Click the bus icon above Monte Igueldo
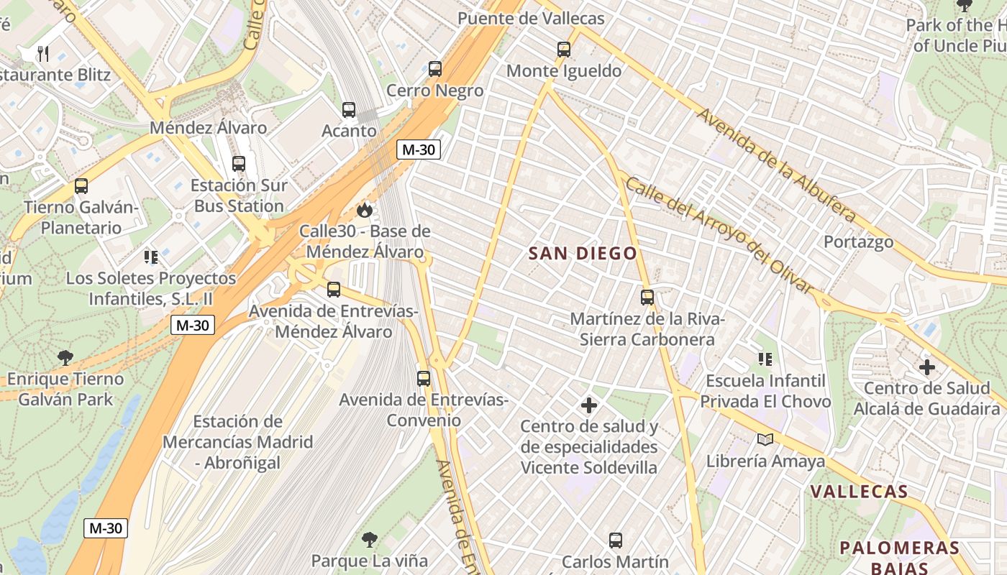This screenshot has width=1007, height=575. pos(564,50)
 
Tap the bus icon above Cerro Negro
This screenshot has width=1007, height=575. pos(435,69)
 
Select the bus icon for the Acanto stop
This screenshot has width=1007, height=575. pos(349,110)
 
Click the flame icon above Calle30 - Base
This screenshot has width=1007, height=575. pos(365,210)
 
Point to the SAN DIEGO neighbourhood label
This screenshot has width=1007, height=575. pos(583,254)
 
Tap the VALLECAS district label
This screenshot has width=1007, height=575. pos(859,492)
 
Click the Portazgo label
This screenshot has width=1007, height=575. pos(858,241)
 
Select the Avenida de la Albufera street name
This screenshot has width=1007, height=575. pos(777,166)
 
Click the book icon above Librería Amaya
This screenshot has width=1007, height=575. pos(765,439)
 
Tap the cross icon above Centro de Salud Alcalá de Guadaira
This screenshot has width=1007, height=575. pos(927,367)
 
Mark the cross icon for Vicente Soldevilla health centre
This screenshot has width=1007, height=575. pos(589,405)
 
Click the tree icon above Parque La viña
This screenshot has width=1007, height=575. pos(370,539)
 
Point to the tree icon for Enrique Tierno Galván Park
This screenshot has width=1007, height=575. pos(65,357)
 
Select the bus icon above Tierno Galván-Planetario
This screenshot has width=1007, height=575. pos(81,186)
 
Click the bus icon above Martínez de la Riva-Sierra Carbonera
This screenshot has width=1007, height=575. pos(647,297)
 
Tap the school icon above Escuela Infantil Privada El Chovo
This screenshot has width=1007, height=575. pos(765,359)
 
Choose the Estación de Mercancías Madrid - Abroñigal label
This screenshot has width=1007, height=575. pos(237,442)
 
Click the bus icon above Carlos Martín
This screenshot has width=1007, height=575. pos(616,540)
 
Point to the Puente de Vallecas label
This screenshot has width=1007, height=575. pos(531,18)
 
